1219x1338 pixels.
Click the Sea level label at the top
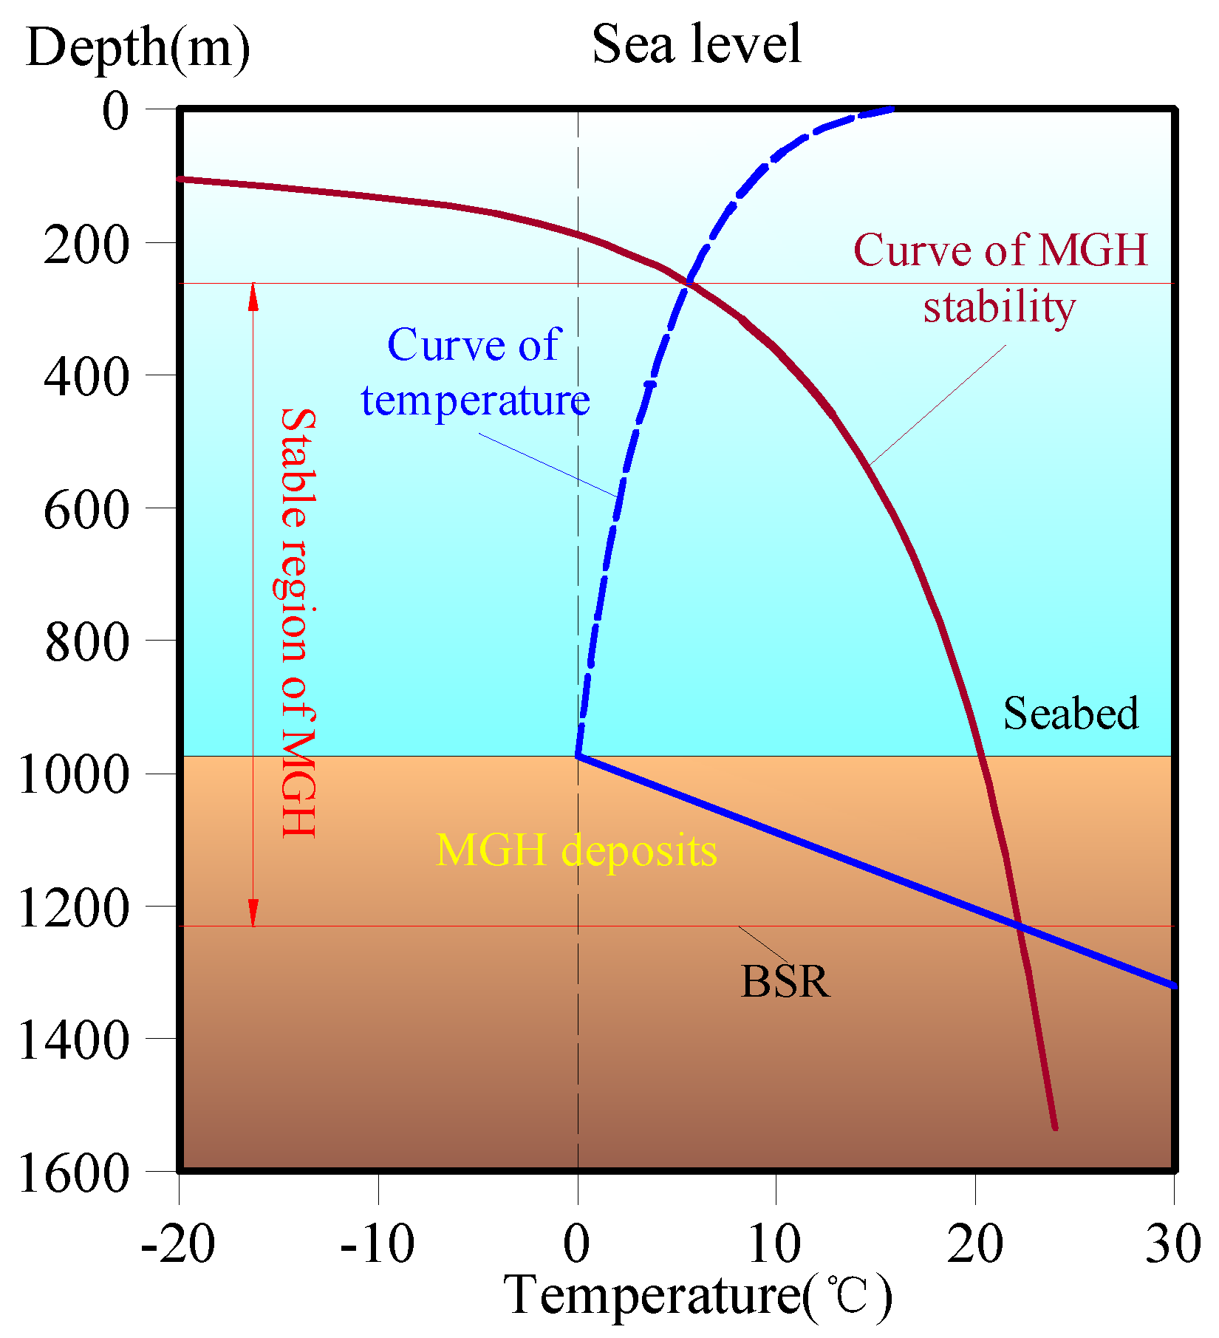coord(696,44)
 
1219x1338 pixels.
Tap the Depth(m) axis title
coord(138,49)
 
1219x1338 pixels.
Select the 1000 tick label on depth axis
coord(72,775)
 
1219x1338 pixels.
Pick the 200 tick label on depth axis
coord(86,245)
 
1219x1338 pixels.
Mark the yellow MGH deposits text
coord(576,850)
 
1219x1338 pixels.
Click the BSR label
coord(785,982)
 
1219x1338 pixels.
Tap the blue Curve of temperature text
coord(475,372)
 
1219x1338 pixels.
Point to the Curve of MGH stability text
coord(1000,278)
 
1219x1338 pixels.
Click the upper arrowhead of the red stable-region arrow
coord(253,296)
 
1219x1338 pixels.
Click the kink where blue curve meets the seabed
coord(578,755)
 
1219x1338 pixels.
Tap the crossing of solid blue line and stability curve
coord(1019,926)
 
